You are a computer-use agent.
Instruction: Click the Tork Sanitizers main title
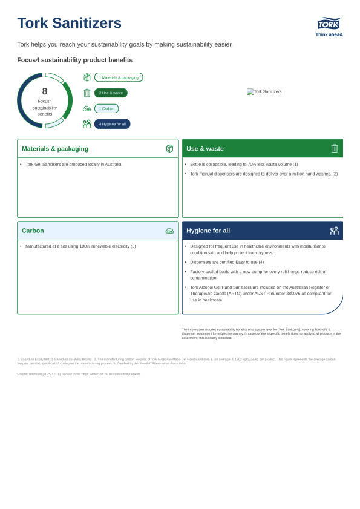click(x=69, y=23)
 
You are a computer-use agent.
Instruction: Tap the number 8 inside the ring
click(x=45, y=91)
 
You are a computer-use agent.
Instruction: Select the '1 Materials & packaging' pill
click(x=119, y=77)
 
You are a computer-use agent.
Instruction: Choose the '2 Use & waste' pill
click(x=111, y=93)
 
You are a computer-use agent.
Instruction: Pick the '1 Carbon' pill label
click(x=106, y=108)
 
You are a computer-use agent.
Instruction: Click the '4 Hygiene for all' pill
click(x=112, y=124)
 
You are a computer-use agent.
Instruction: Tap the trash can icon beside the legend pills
click(x=87, y=93)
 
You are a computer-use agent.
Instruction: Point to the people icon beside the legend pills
click(x=87, y=124)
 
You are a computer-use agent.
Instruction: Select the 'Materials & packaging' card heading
click(x=55, y=149)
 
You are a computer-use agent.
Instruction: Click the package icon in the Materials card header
click(x=169, y=148)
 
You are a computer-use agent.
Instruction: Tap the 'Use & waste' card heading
click(x=205, y=149)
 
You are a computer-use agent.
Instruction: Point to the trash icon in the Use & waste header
click(x=335, y=148)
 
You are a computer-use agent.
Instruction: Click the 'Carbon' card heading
click(x=33, y=231)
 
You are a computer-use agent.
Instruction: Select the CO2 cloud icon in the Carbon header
click(x=169, y=231)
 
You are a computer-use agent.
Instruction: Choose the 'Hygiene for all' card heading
click(x=208, y=231)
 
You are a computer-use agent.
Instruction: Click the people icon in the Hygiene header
click(x=335, y=231)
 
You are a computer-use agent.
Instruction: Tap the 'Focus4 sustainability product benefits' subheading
click(x=75, y=60)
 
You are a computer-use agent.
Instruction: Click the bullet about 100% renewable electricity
click(x=80, y=246)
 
